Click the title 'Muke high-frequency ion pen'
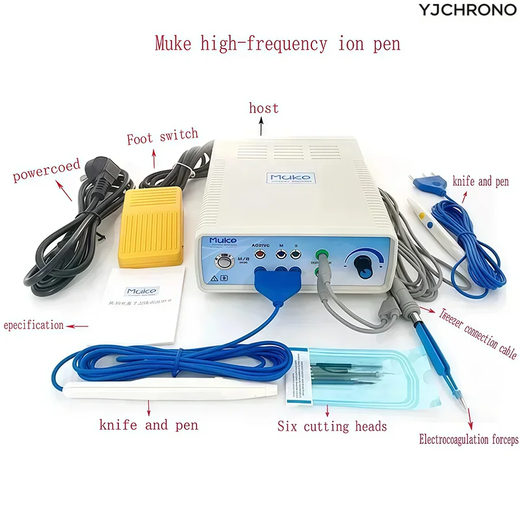pyautogui.click(x=278, y=44)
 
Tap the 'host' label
pyautogui.click(x=263, y=108)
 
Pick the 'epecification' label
pyautogui.click(x=34, y=324)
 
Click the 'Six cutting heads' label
pyautogui.click(x=332, y=426)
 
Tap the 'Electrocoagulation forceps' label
pyautogui.click(x=469, y=440)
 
